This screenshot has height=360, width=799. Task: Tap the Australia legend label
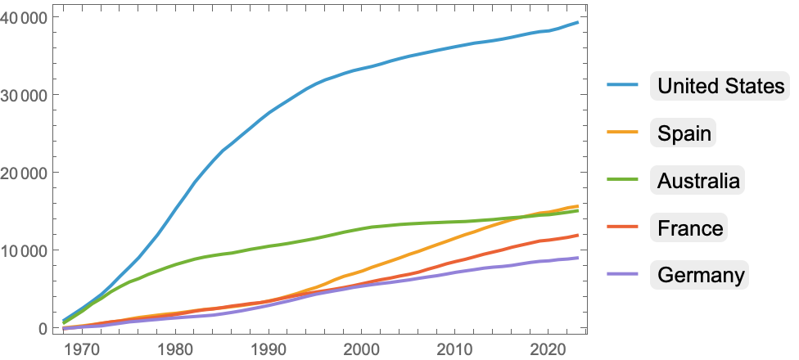[699, 180]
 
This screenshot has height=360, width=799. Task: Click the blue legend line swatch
[624, 85]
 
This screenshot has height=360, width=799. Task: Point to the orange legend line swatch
[624, 133]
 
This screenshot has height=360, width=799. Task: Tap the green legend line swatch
[624, 180]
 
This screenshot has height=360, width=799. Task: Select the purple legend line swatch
[624, 275]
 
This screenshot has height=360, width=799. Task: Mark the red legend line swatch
[624, 227]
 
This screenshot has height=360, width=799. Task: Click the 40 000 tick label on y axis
[25, 17]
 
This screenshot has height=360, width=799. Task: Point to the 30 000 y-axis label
[25, 95]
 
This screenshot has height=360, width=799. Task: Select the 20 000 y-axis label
[25, 173]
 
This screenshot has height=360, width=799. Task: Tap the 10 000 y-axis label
[25, 250]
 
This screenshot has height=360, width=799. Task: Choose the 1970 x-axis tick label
[80, 348]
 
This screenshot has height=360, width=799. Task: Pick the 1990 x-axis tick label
[268, 348]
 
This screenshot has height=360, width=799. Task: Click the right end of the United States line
[578, 22]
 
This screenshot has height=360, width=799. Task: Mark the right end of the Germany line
[578, 258]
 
